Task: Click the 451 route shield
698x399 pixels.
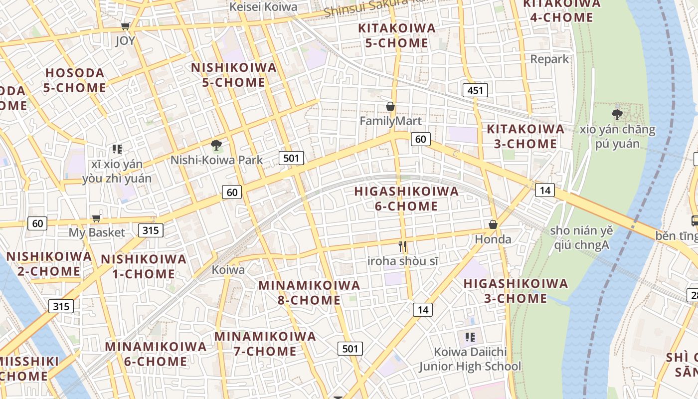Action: (x=475, y=90)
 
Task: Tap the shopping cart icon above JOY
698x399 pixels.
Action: (x=126, y=26)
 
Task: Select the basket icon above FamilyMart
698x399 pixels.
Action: (x=390, y=106)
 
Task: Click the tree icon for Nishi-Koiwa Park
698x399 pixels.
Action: (x=216, y=145)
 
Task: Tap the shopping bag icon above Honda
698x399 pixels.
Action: (x=493, y=224)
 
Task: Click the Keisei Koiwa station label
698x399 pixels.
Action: (x=263, y=6)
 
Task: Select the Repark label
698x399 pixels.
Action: (x=549, y=59)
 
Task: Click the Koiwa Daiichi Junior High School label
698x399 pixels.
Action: (x=470, y=359)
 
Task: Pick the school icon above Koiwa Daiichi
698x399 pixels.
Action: (x=470, y=337)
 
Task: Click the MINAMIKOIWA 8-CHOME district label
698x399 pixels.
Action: (x=309, y=292)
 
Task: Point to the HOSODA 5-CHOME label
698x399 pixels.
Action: (x=75, y=80)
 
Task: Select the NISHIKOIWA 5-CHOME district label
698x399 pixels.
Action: (x=234, y=75)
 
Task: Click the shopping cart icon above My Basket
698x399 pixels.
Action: (x=97, y=218)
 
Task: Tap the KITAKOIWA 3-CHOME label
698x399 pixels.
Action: (x=525, y=136)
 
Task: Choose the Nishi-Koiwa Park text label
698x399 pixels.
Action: (x=216, y=160)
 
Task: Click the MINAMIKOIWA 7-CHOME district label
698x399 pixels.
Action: (x=265, y=344)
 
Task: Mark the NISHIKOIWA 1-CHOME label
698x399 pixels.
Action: (x=144, y=266)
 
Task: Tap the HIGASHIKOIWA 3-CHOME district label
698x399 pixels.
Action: (x=516, y=291)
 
